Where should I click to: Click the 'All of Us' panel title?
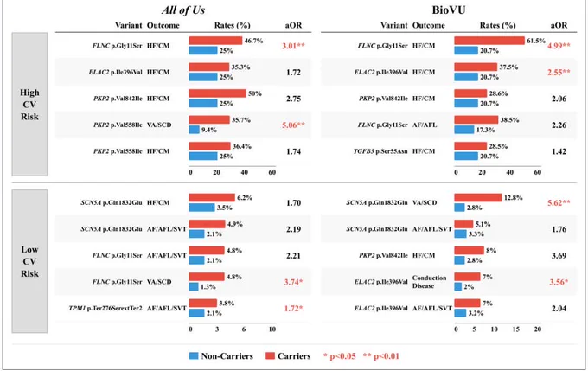[183, 10]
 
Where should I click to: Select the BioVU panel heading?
[449, 10]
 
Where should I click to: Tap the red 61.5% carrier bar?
[489, 41]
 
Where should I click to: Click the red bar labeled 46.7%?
[215, 41]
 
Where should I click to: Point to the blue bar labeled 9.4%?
[195, 130]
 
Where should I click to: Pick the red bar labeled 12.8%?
[478, 198]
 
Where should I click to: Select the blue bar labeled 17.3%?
[464, 130]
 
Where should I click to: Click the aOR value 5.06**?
[294, 125]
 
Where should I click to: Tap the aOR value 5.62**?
[559, 203]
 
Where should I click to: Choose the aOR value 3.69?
[559, 256]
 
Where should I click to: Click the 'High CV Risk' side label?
[29, 105]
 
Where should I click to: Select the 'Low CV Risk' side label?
[29, 261]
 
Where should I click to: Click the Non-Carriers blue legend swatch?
[194, 356]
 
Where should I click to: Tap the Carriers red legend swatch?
[270, 356]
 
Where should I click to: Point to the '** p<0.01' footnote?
[381, 356]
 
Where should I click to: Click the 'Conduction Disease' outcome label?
[430, 282]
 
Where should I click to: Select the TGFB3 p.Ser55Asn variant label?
[380, 151]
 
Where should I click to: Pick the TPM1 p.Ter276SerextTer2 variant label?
[105, 309]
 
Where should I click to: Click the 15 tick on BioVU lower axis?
[516, 329]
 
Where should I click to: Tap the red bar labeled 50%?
[218, 93]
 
